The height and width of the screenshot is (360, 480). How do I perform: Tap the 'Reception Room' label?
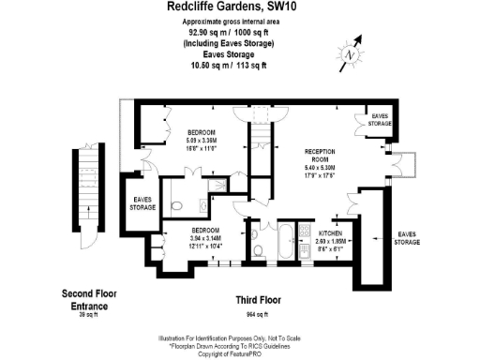pos(321,155)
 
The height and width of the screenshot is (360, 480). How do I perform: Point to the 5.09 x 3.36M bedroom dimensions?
pos(201,139)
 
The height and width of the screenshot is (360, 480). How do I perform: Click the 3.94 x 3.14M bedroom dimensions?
pos(205,238)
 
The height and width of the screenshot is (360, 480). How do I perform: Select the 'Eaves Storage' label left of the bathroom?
pos(142,202)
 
